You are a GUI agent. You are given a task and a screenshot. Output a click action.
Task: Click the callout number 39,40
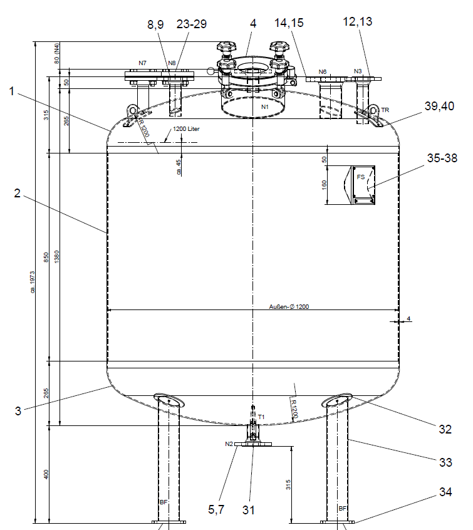pyautogui.click(x=439, y=106)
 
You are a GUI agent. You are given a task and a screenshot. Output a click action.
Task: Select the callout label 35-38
pyautogui.click(x=442, y=158)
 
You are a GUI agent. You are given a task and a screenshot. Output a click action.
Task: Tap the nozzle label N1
pyautogui.click(x=265, y=107)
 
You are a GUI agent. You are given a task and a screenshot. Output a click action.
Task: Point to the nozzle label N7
pyautogui.click(x=142, y=63)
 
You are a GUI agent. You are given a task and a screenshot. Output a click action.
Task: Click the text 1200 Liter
pyautogui.click(x=186, y=129)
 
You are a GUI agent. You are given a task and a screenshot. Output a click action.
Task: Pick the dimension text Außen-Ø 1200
pyautogui.click(x=289, y=306)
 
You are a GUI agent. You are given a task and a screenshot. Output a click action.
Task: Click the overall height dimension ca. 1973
pyautogui.click(x=33, y=281)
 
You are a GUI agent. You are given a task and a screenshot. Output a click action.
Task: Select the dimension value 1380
pyautogui.click(x=57, y=257)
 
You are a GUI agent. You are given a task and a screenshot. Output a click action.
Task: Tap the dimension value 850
pyautogui.click(x=46, y=257)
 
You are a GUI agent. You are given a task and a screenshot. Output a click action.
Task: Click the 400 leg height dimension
pyautogui.click(x=46, y=474)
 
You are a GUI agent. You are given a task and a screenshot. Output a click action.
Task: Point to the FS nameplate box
pyautogui.click(x=363, y=185)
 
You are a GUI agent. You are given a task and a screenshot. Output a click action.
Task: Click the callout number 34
pyautogui.click(x=445, y=492)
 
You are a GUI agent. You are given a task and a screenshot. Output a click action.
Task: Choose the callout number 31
pyautogui.click(x=249, y=510)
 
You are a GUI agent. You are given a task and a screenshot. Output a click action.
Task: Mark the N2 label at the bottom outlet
pyautogui.click(x=229, y=444)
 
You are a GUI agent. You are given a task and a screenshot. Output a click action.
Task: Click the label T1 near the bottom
pyautogui.click(x=261, y=417)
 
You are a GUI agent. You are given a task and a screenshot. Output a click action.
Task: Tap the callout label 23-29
pyautogui.click(x=191, y=24)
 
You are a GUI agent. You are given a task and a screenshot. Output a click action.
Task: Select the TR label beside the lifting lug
pyautogui.click(x=385, y=110)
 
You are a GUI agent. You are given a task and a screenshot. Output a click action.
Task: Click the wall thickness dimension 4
pyautogui.click(x=408, y=318)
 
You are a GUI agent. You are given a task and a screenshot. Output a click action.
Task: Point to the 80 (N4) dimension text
pyautogui.click(x=57, y=54)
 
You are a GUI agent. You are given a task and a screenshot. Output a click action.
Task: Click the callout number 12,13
pyautogui.click(x=357, y=22)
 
